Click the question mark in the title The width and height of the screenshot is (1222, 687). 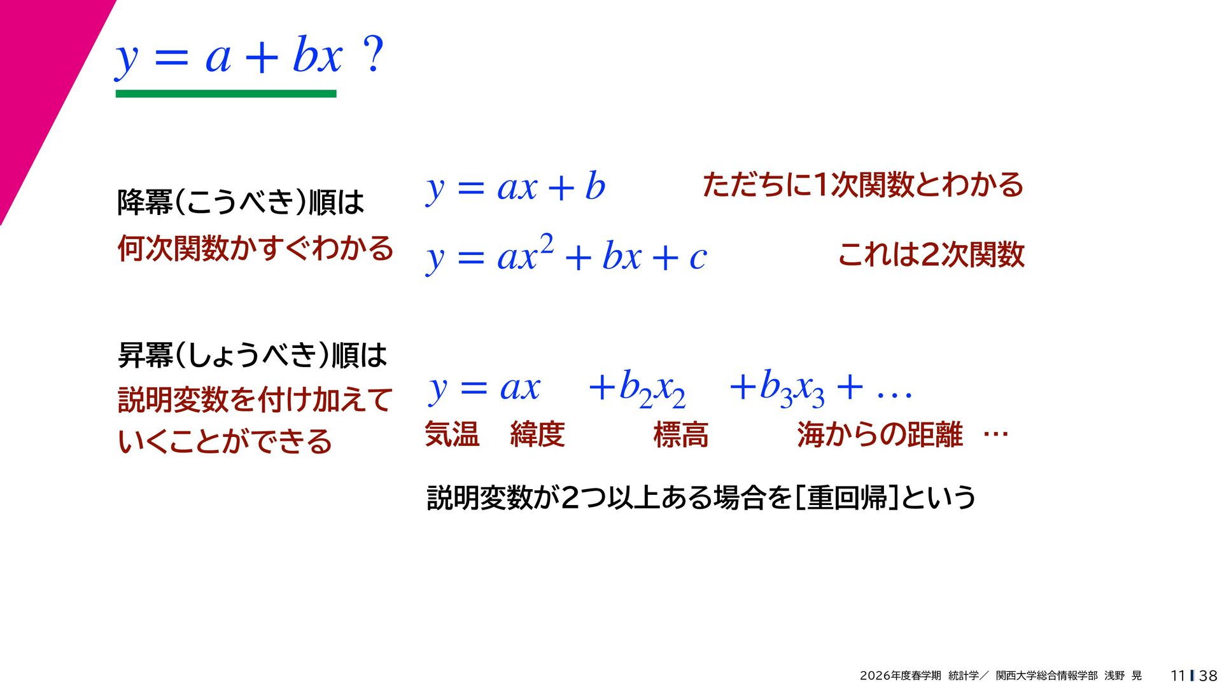(x=373, y=53)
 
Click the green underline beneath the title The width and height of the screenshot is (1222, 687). (x=226, y=94)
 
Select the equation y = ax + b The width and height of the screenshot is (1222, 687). (x=516, y=188)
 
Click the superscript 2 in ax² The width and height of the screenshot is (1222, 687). (x=546, y=244)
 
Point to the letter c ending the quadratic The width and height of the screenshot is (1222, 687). (x=698, y=258)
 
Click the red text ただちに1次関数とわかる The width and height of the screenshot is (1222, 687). (x=863, y=184)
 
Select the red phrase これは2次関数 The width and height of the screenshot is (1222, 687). (x=931, y=254)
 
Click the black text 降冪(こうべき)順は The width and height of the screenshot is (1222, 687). (x=241, y=202)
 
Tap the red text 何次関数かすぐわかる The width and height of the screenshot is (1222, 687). (x=255, y=247)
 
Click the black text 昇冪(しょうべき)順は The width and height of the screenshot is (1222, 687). (x=252, y=354)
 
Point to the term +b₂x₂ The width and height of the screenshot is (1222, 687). (x=637, y=389)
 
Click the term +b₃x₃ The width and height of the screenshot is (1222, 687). (x=777, y=389)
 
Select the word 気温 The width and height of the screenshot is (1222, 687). (x=452, y=435)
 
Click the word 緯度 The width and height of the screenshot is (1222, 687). (x=537, y=435)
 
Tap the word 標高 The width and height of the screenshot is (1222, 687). (x=680, y=435)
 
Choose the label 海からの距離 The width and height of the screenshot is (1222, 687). (x=880, y=435)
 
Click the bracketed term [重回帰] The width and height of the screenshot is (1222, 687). (x=847, y=497)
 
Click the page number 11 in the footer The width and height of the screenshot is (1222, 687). (x=1177, y=676)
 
